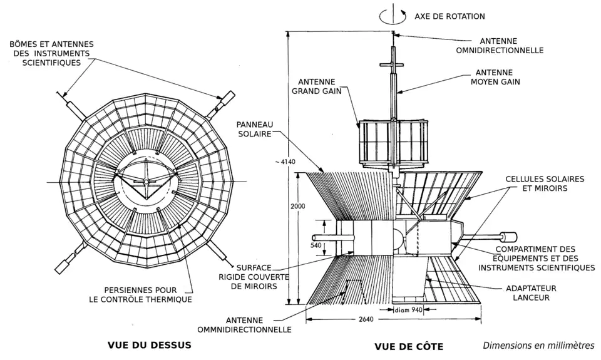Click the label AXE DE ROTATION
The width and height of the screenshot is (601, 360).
[x=449, y=16]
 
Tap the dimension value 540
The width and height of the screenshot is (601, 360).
[x=316, y=245]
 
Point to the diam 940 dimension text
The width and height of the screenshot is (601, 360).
[x=408, y=309]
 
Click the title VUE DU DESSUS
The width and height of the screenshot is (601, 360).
[x=149, y=344]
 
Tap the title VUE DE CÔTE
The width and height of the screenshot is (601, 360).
[x=408, y=346]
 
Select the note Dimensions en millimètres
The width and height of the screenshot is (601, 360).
[x=538, y=345]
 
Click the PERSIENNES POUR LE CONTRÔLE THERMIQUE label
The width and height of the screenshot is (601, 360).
[x=140, y=294]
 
